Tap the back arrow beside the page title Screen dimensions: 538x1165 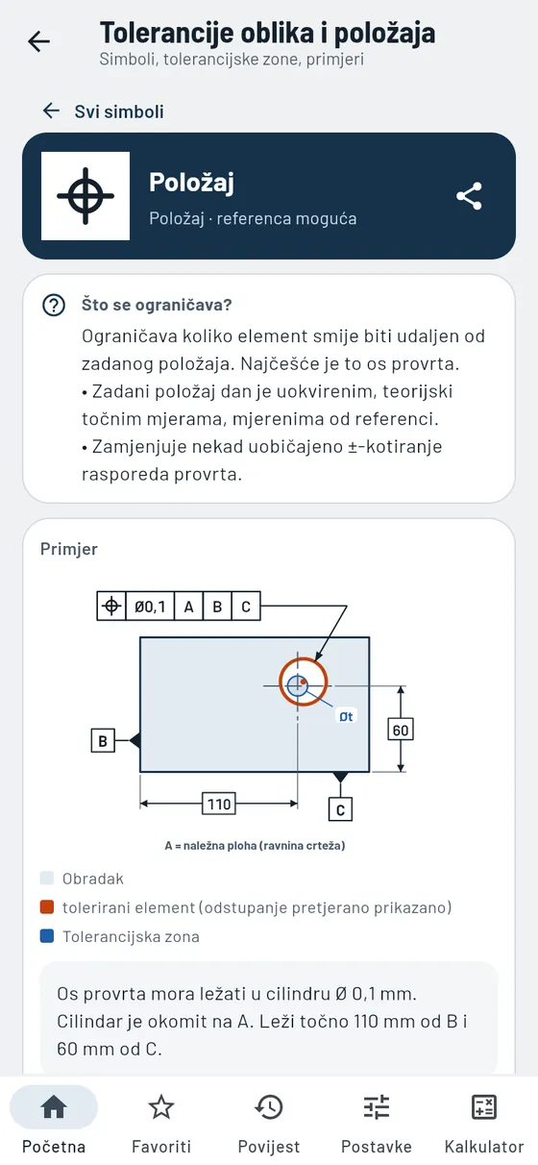tap(39, 41)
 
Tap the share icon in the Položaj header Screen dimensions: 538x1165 tap(469, 196)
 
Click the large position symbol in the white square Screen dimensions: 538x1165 tap(86, 196)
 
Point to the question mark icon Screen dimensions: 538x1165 tap(54, 306)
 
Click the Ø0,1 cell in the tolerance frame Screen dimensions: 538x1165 tap(150, 606)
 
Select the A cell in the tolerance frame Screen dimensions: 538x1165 tap(188, 606)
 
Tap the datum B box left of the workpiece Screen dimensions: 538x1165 tap(103, 740)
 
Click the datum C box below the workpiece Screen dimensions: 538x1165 tap(340, 809)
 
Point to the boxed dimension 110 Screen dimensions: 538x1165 tap(219, 804)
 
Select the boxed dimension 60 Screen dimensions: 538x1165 tap(401, 730)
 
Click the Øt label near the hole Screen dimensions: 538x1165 tap(346, 717)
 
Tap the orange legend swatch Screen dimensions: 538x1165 tap(47, 907)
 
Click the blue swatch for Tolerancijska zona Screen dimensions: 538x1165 tap(47, 936)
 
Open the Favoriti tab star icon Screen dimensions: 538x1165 tap(161, 1106)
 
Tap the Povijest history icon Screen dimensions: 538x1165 tap(269, 1106)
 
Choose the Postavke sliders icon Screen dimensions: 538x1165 tap(377, 1106)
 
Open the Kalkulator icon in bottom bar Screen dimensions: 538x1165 tap(484, 1106)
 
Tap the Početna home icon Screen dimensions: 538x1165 tap(54, 1106)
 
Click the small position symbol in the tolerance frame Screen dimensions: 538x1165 tap(111, 606)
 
